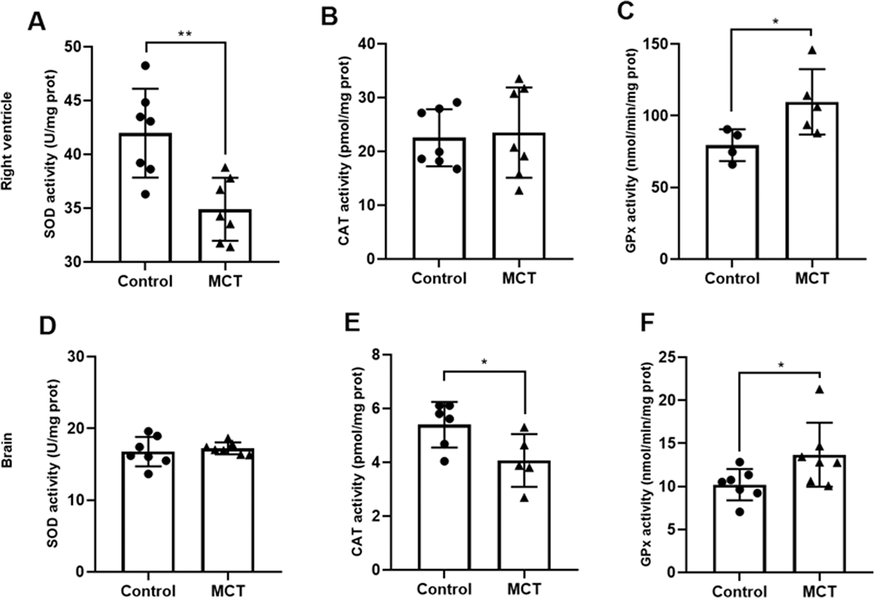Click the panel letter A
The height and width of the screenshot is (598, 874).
coord(37,21)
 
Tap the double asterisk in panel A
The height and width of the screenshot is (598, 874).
coord(185,34)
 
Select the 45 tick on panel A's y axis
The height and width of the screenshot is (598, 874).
coord(74,101)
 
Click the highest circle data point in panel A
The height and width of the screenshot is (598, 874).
coord(145,66)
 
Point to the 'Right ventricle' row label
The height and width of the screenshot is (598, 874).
coord(7,141)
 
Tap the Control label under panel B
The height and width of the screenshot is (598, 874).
coord(439,279)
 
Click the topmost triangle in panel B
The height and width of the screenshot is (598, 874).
coord(519,79)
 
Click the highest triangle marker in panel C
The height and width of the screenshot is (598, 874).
coord(812,50)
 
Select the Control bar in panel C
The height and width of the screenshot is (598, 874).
coord(732,202)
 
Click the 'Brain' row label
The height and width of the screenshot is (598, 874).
coord(7,450)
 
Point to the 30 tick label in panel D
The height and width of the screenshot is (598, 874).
coord(77,356)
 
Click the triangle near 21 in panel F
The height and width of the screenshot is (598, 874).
coord(820,390)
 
